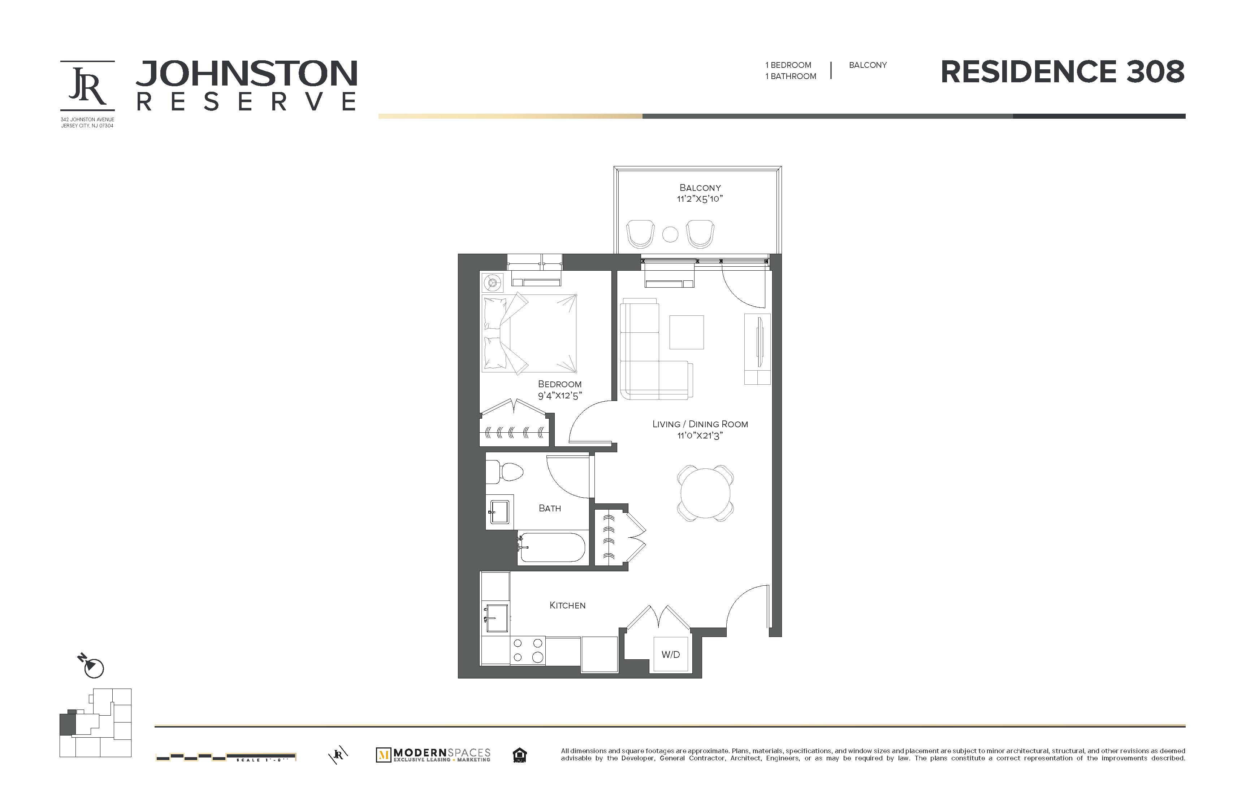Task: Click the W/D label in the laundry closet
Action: [670, 655]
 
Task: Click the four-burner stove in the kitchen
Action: [528, 650]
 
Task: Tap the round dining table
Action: [705, 493]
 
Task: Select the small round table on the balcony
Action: [670, 234]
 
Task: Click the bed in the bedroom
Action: [529, 333]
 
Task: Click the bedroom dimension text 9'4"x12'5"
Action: [560, 396]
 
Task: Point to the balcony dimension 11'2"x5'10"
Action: [700, 199]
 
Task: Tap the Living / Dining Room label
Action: [700, 424]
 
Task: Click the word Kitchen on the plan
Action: [567, 605]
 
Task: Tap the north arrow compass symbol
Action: [93, 666]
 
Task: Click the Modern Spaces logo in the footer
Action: [433, 755]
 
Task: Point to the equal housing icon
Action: [519, 755]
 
